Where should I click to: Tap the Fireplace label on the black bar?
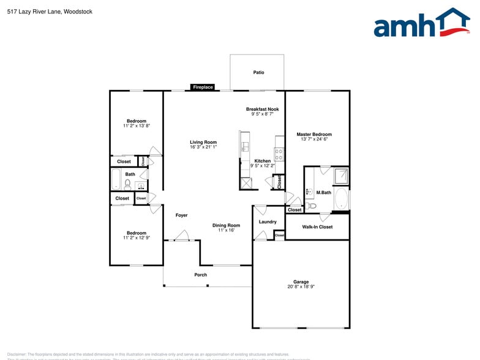coord(203,88)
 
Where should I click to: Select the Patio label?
coord(259,72)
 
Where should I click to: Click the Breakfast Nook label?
coord(262,109)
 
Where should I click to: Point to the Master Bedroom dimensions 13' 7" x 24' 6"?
coord(314,140)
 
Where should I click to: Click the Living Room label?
coord(203,142)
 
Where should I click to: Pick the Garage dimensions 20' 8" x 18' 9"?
coord(301,287)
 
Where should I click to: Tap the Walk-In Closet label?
coord(317,227)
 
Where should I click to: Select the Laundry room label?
coord(268,222)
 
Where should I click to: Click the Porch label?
coord(201,275)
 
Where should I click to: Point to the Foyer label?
coord(182,216)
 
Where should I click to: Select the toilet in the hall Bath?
coord(128,184)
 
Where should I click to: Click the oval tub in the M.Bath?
coord(340,200)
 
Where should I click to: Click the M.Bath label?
coord(323,193)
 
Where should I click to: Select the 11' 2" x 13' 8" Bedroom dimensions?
coord(136,126)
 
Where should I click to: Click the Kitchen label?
coord(262,161)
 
